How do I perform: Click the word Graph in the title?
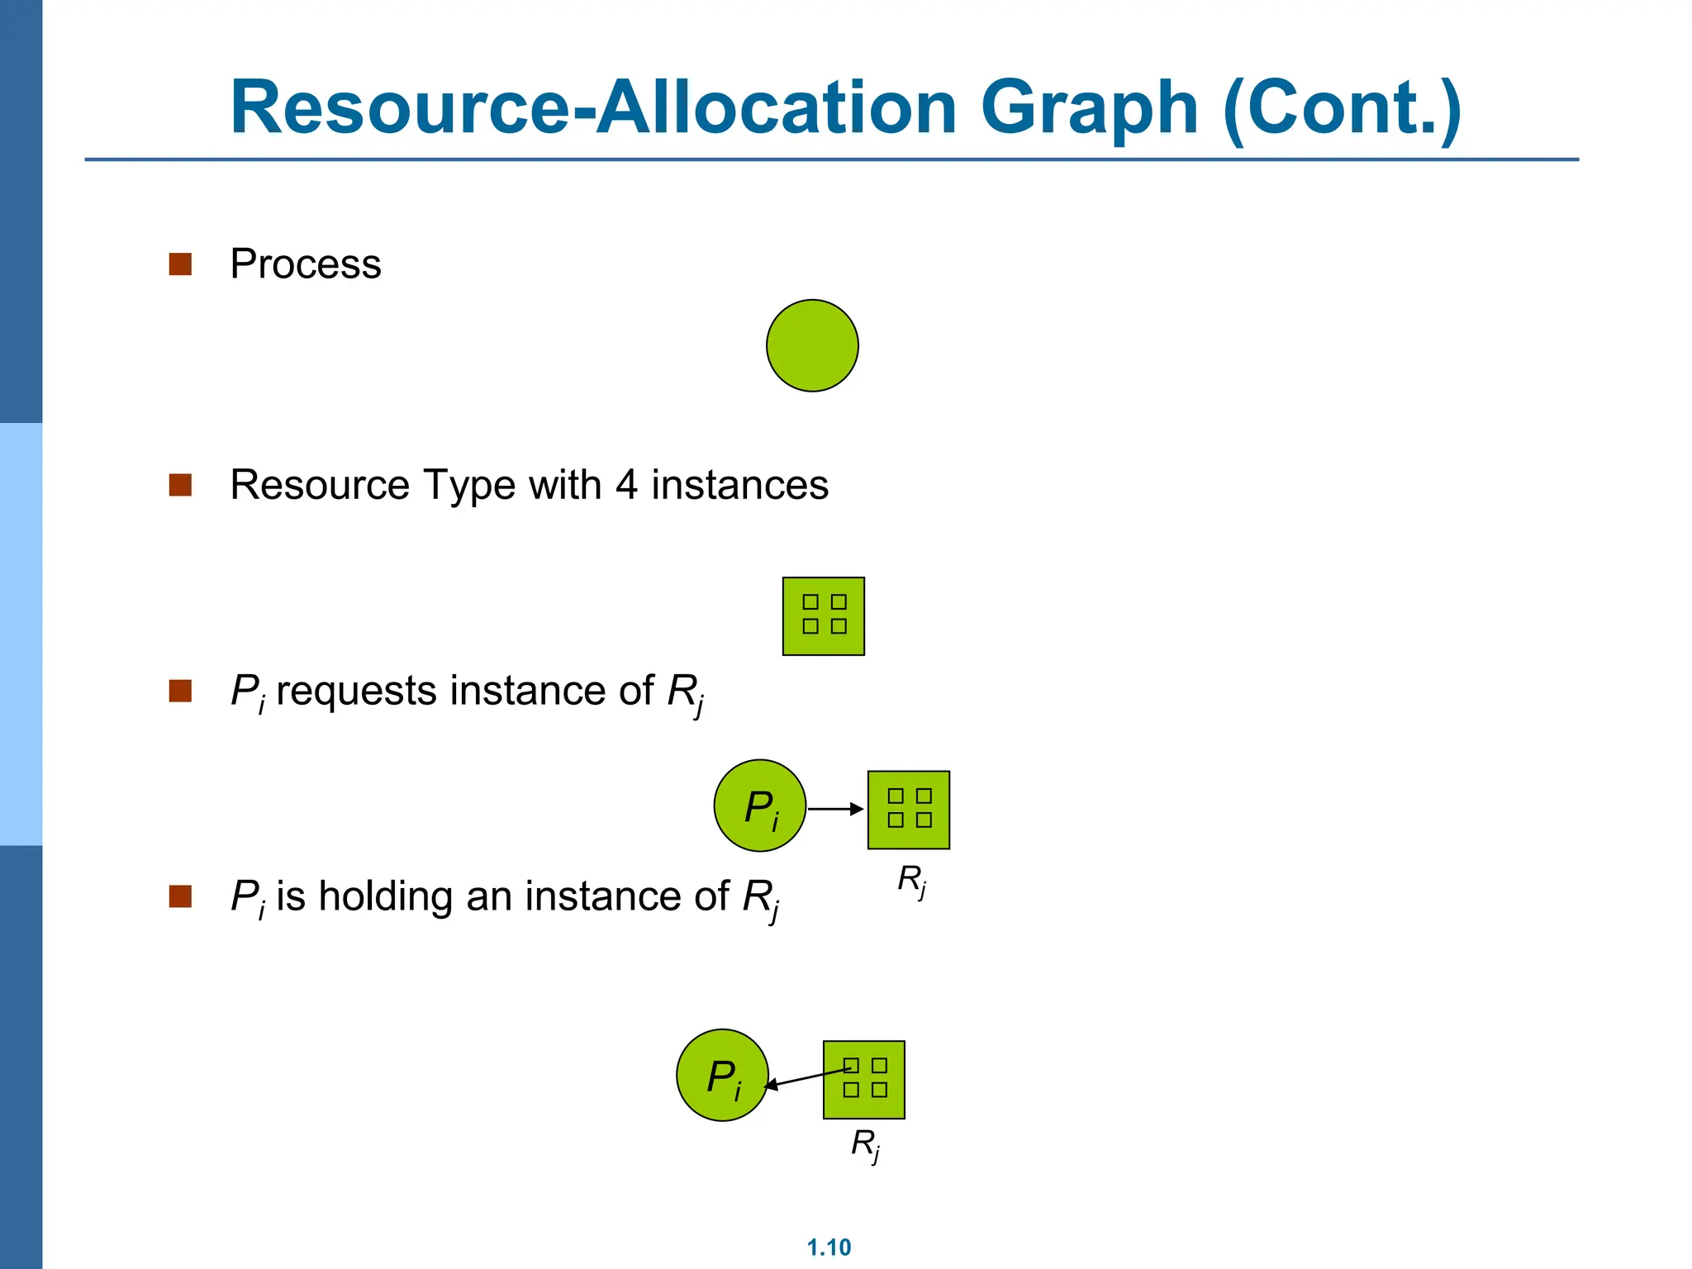1089,109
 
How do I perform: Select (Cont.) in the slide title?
1342,109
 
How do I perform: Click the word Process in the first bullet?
305,264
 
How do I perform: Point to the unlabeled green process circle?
812,345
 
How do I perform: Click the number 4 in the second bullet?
626,484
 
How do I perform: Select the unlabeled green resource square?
823,616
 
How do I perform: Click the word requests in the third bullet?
358,691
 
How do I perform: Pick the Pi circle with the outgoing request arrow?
759,806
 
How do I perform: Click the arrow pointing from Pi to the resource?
835,809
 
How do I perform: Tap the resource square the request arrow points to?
908,810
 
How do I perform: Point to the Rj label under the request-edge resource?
911,881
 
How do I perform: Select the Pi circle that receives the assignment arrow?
722,1075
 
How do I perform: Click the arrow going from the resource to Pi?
807,1077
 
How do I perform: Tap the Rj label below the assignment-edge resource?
865,1146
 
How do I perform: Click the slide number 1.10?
829,1247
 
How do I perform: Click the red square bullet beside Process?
180,264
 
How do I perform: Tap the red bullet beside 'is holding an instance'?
180,896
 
